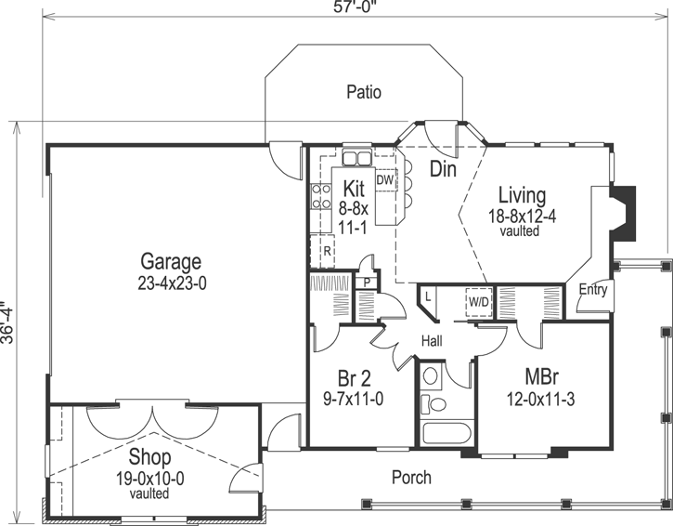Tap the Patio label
coord(364,92)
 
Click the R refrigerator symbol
coord(328,250)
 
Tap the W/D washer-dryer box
coord(478,302)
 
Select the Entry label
coord(592,290)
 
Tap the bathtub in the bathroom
coord(446,433)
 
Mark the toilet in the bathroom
coord(430,404)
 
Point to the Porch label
coord(410,478)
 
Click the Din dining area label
coord(443,169)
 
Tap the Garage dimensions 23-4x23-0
coord(171,282)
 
